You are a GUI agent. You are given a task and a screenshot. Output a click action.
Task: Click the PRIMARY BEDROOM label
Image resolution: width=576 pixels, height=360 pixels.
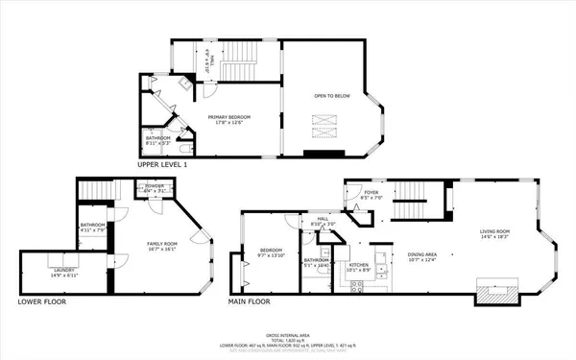point(228,117)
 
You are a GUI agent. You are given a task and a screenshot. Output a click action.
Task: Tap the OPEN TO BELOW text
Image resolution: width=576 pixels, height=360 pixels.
point(328,96)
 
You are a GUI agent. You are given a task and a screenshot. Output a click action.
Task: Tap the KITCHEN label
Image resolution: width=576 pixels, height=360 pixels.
point(359,266)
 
